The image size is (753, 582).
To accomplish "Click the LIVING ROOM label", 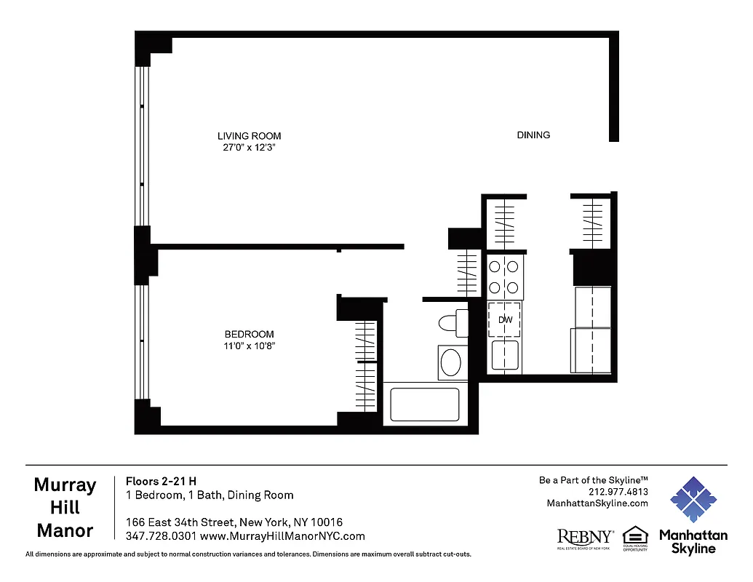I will pyautogui.click(x=249, y=136).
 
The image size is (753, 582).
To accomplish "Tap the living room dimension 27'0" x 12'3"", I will pyautogui.click(x=249, y=147).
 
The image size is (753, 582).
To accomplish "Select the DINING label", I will pyautogui.click(x=533, y=135).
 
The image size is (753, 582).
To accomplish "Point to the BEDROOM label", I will pyautogui.click(x=249, y=335).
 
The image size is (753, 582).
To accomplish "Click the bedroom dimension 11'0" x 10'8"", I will pyautogui.click(x=249, y=346).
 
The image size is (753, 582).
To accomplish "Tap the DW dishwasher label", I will pyautogui.click(x=505, y=319).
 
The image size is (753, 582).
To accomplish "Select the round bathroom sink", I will pyautogui.click(x=453, y=362).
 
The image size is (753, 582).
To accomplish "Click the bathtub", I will pyautogui.click(x=425, y=404).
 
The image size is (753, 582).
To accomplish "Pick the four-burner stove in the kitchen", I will pyautogui.click(x=505, y=276).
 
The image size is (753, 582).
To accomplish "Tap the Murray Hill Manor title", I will pyautogui.click(x=65, y=508).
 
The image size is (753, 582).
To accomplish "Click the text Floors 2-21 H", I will pyautogui.click(x=161, y=481).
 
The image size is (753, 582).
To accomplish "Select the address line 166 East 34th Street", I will pyautogui.click(x=234, y=522).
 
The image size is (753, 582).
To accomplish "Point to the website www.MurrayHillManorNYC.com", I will pyautogui.click(x=282, y=537).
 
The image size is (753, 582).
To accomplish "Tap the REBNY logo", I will pyautogui.click(x=585, y=538).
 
